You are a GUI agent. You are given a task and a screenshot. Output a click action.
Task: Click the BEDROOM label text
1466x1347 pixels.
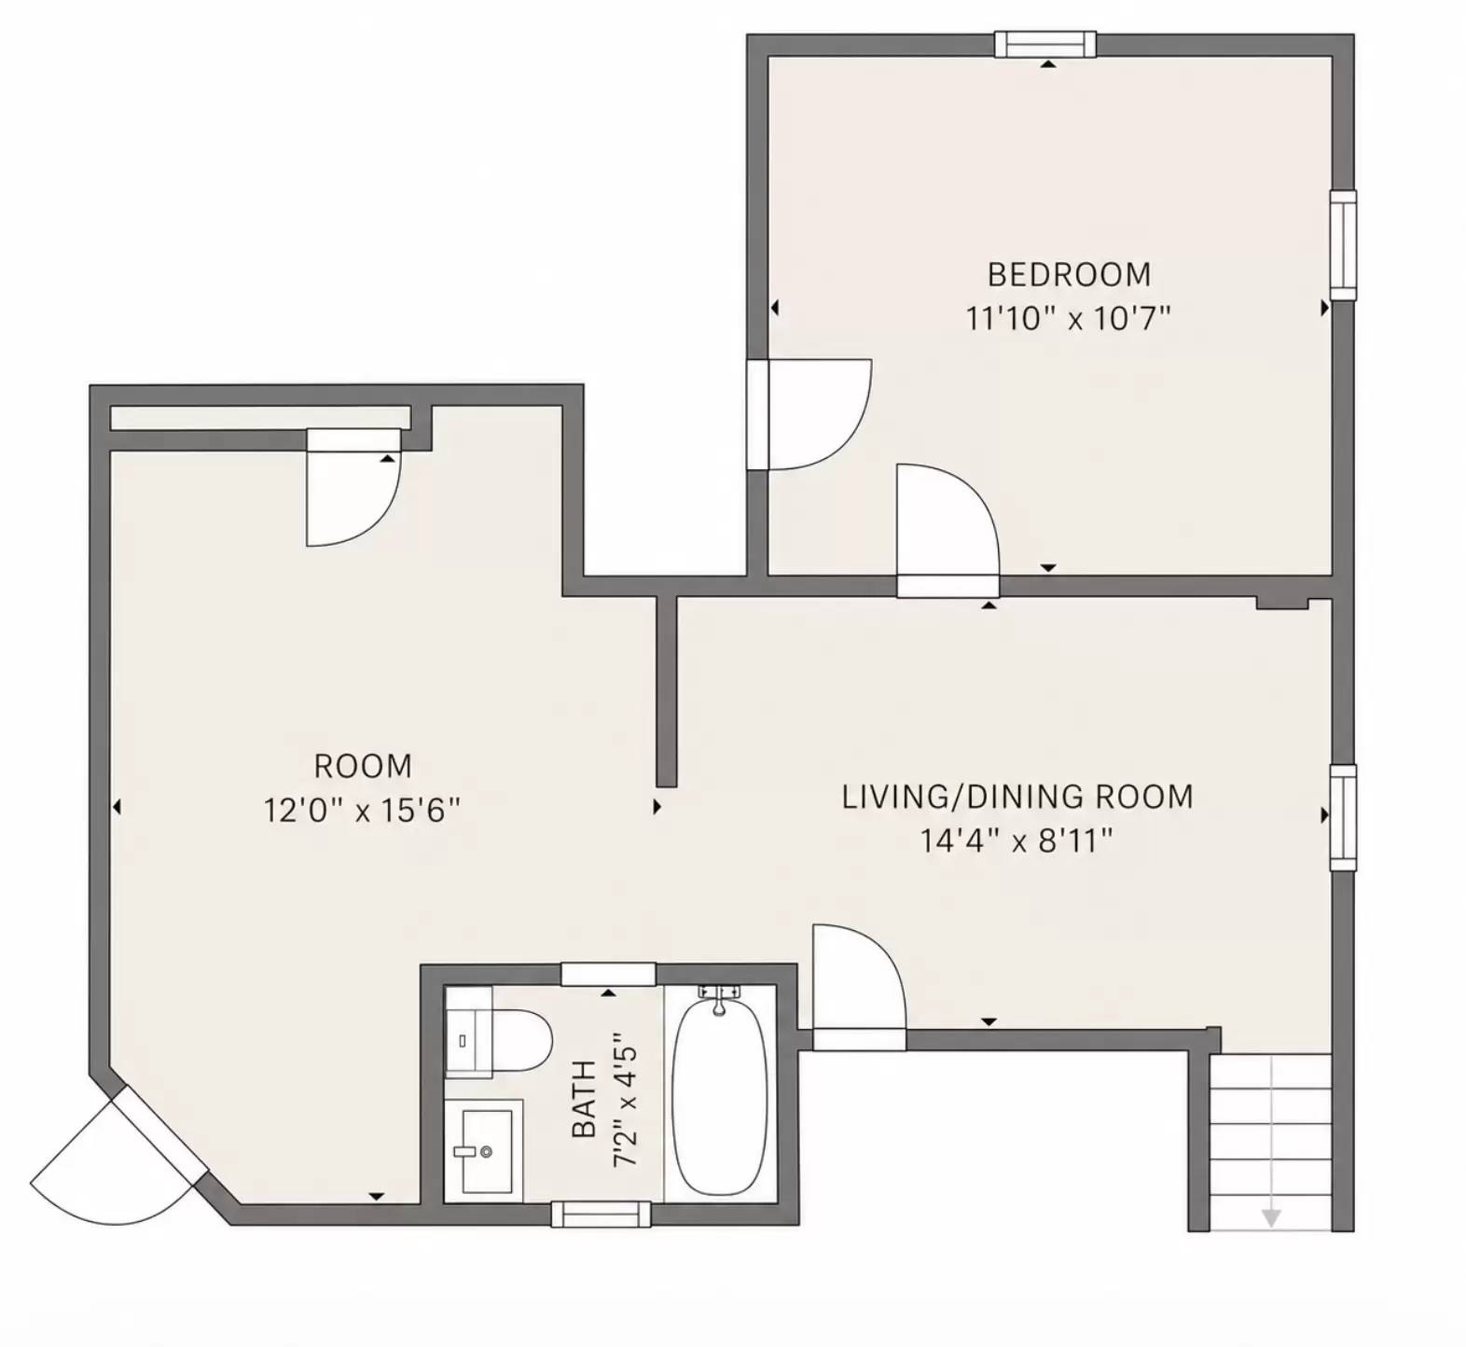tap(1069, 274)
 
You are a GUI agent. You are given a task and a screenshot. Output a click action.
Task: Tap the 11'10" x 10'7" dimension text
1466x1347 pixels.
tap(1067, 319)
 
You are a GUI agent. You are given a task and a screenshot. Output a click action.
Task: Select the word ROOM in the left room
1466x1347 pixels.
tap(363, 766)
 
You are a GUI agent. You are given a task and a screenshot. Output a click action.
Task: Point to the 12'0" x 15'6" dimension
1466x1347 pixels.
tap(362, 810)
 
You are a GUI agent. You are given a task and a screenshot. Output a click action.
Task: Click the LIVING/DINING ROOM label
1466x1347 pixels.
tap(1017, 797)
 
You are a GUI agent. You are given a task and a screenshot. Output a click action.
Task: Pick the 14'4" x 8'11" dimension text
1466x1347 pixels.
tap(1017, 841)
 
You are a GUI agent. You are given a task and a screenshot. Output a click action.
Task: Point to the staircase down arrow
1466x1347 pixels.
tap(1270, 1216)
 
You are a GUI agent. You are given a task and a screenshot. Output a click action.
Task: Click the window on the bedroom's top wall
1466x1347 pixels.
tap(1044, 44)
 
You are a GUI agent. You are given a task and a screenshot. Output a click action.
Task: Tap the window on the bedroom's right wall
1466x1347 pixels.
tap(1342, 245)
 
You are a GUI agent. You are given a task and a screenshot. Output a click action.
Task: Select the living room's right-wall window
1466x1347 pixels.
tap(1342, 817)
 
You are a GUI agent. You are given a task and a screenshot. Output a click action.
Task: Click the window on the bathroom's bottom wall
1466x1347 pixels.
tap(601, 1214)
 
